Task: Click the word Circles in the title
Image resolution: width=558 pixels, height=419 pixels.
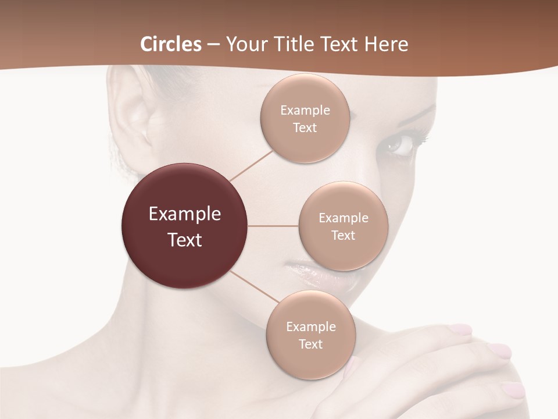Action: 171,44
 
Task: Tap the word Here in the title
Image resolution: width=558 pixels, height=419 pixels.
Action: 387,44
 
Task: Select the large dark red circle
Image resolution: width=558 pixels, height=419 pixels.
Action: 185,226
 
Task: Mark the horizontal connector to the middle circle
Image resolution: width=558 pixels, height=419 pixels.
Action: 273,226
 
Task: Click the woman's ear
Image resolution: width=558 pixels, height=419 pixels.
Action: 131,116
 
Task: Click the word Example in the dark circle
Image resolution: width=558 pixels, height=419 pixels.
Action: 185,214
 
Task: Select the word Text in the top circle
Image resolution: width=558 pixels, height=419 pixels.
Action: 305,128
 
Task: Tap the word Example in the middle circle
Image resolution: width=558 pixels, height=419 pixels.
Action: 344,218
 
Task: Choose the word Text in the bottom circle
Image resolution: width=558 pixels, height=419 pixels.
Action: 310,345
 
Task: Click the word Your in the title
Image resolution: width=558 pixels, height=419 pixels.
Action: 240,44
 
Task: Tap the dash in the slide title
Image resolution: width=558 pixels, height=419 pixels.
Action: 213,44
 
